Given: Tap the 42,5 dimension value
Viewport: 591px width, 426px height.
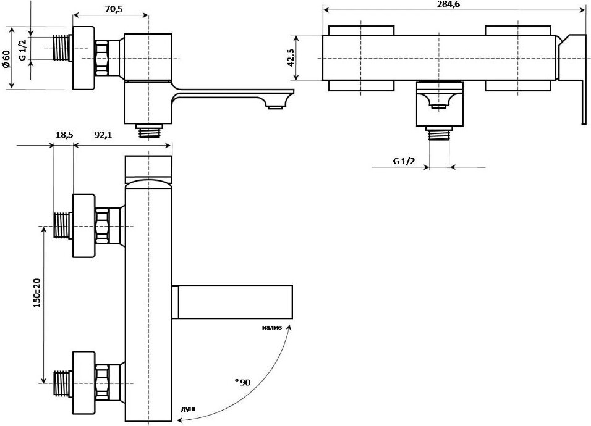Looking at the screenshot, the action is [291, 57].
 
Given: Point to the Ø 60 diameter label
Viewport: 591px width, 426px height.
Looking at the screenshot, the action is [7, 59].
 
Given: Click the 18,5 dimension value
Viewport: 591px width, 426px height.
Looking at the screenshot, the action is [64, 135].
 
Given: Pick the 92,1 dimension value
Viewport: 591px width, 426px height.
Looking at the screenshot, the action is [103, 135].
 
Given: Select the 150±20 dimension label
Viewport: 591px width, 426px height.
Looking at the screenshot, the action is [36, 294].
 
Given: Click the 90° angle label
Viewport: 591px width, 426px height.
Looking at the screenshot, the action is [242, 383].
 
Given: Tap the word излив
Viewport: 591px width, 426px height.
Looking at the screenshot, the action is [272, 327].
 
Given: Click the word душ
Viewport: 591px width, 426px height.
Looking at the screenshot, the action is [188, 409].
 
